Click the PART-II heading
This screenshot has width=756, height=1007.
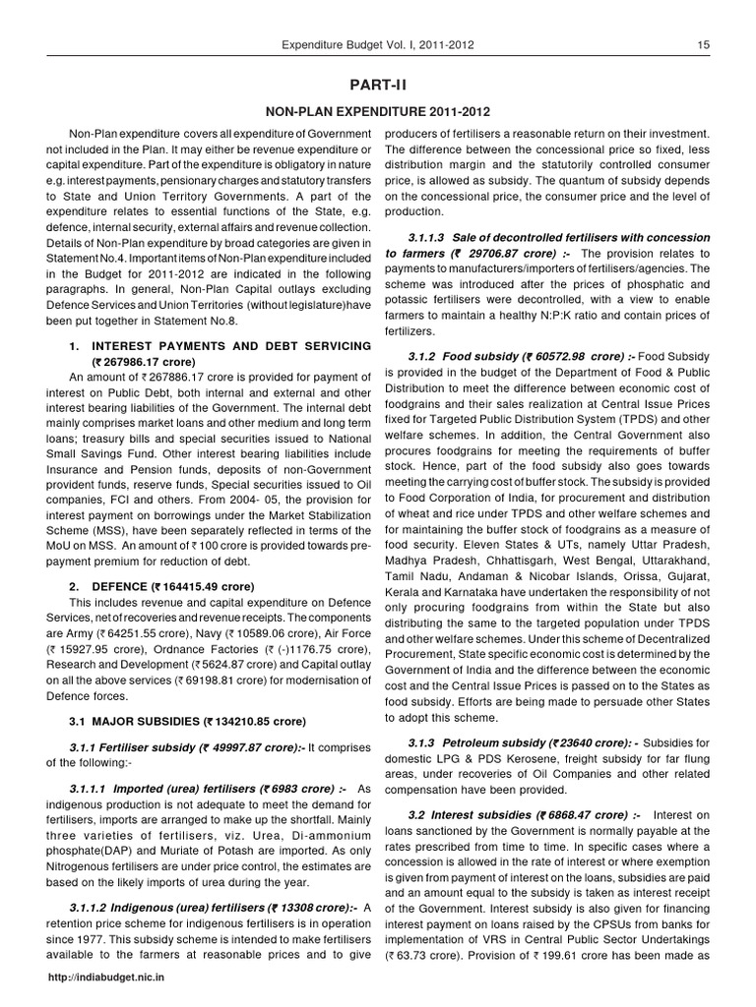click(x=377, y=87)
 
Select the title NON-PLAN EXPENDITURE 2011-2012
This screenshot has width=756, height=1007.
click(x=377, y=112)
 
